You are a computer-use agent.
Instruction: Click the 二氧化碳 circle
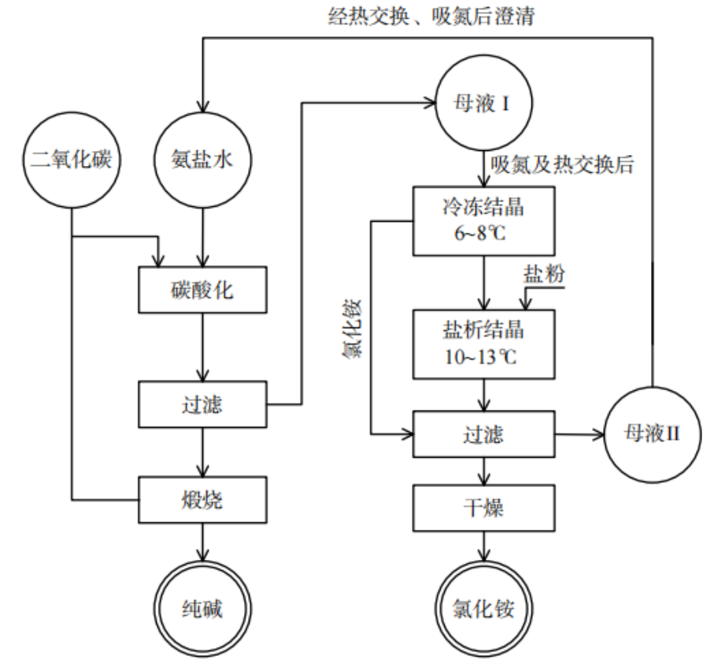coord(72,161)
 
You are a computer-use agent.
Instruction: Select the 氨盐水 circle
coord(204,161)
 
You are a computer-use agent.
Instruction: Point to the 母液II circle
coord(652,434)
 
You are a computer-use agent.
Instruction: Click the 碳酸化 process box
coord(204,290)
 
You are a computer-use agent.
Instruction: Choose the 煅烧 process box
coord(204,499)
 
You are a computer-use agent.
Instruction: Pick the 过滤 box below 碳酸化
coord(204,404)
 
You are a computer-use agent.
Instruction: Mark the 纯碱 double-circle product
coord(204,608)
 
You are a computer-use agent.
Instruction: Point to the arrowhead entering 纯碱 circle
coord(204,553)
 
